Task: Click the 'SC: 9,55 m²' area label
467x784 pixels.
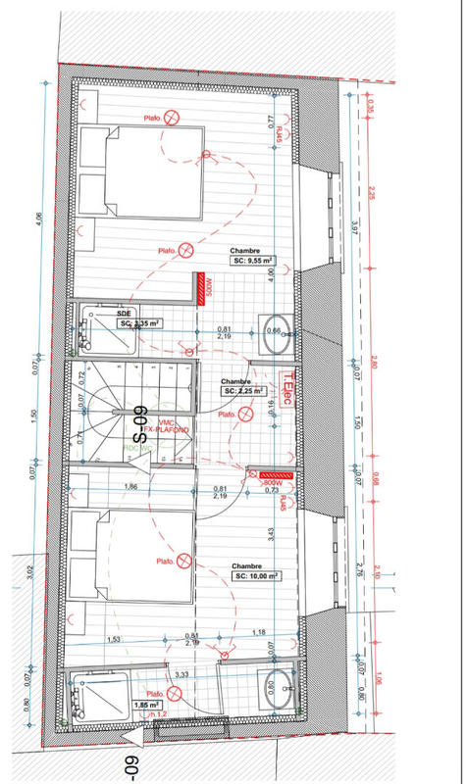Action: click(x=252, y=262)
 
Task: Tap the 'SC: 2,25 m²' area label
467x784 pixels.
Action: click(x=241, y=391)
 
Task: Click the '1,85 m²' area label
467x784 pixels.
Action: click(x=148, y=705)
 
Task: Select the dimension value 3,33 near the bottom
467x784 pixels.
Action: click(x=182, y=674)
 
